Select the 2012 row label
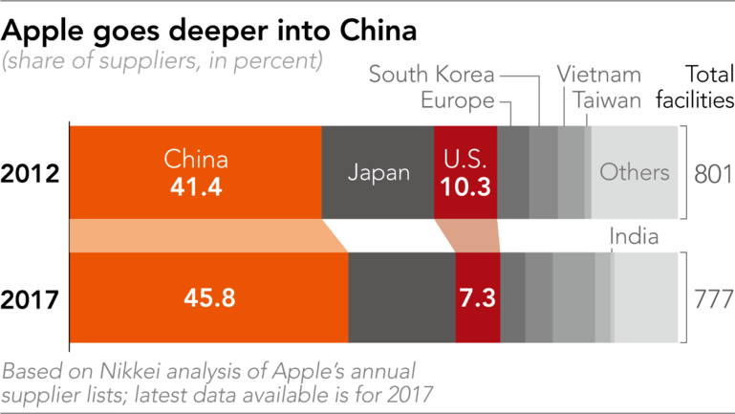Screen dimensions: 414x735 point(32,174)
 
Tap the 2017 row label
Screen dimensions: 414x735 point(32,298)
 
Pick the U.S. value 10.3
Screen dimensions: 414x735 point(465,186)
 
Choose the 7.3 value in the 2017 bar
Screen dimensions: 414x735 point(477,298)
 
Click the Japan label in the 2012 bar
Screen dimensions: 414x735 point(378,173)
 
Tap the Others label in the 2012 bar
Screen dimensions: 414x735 point(634,173)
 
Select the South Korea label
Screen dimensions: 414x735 point(432,74)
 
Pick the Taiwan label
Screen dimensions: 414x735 point(607,99)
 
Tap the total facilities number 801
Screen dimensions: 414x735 point(711,173)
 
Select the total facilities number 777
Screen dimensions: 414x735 point(711,298)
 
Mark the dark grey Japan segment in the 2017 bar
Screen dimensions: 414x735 point(401,298)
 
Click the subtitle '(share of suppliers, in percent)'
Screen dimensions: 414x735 point(162,60)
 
